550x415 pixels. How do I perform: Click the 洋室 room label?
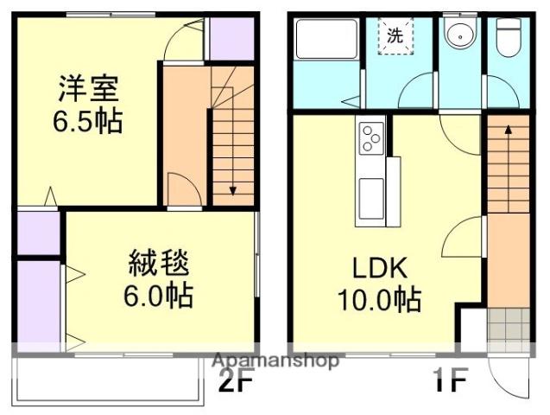click(x=90, y=87)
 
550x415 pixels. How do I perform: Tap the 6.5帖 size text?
click(x=90, y=119)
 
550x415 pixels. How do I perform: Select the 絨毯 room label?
click(x=160, y=262)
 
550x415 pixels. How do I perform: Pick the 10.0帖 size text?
click(x=379, y=300)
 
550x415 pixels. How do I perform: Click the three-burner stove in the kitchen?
click(x=370, y=137)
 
